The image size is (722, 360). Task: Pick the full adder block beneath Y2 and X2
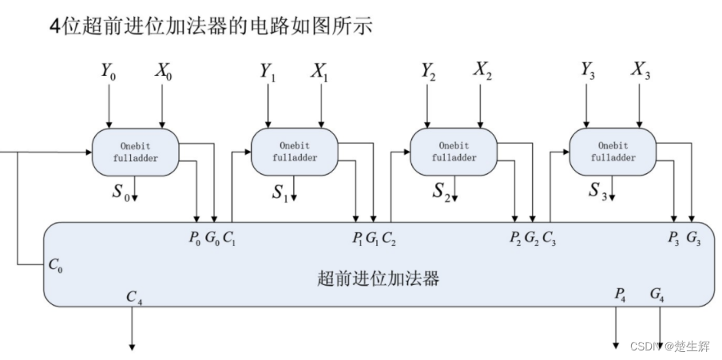click(x=454, y=152)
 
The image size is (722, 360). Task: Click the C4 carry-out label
click(x=134, y=296)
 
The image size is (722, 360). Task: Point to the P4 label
click(x=621, y=295)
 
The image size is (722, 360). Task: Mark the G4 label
click(x=657, y=295)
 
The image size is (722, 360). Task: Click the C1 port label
click(x=229, y=236)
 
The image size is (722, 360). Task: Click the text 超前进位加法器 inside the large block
click(x=379, y=279)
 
